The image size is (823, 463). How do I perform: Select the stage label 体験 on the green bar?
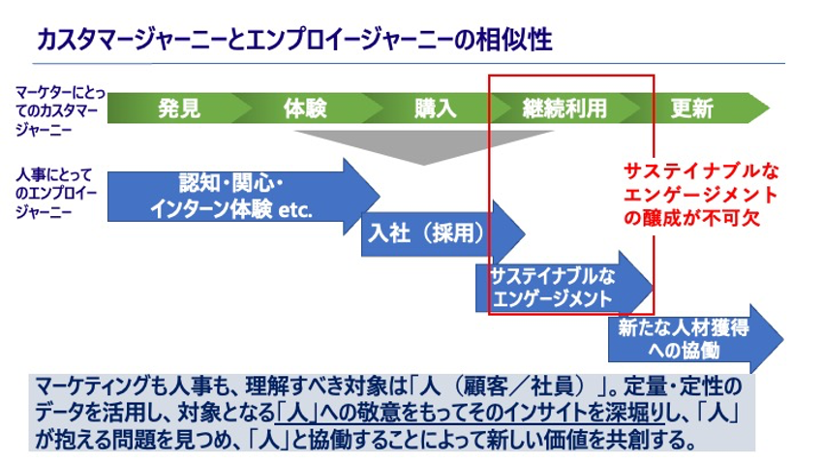(305, 108)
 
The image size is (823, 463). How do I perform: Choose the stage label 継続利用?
(564, 108)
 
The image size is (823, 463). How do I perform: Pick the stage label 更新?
(691, 108)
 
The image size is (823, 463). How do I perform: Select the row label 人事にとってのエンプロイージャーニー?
(58, 194)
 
